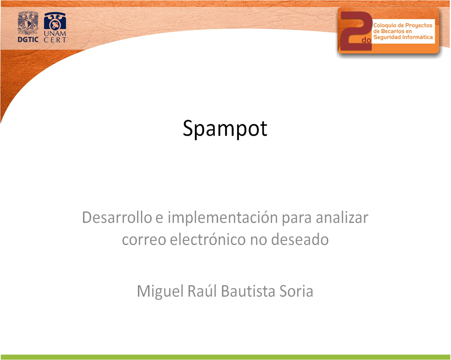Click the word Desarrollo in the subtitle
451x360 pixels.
pos(117,218)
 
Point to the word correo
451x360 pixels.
pos(144,240)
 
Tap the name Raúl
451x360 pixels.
pos(202,291)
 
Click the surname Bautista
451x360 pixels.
pos(248,291)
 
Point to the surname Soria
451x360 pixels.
pos(296,291)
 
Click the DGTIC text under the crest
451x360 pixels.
pos(28,40)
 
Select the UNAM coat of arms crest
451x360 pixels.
pos(28,23)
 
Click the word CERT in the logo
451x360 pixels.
pos(55,40)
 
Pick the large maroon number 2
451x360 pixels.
pos(356,31)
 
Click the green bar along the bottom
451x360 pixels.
pos(225,357)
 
